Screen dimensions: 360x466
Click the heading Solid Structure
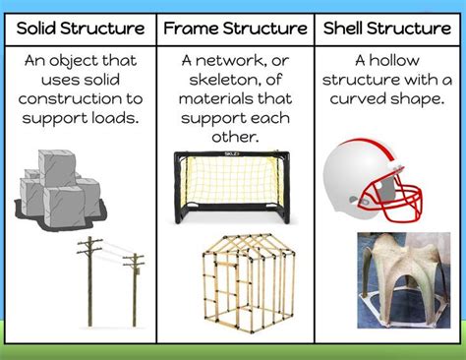coord(80,27)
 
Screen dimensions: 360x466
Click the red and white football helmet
coord(379,177)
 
